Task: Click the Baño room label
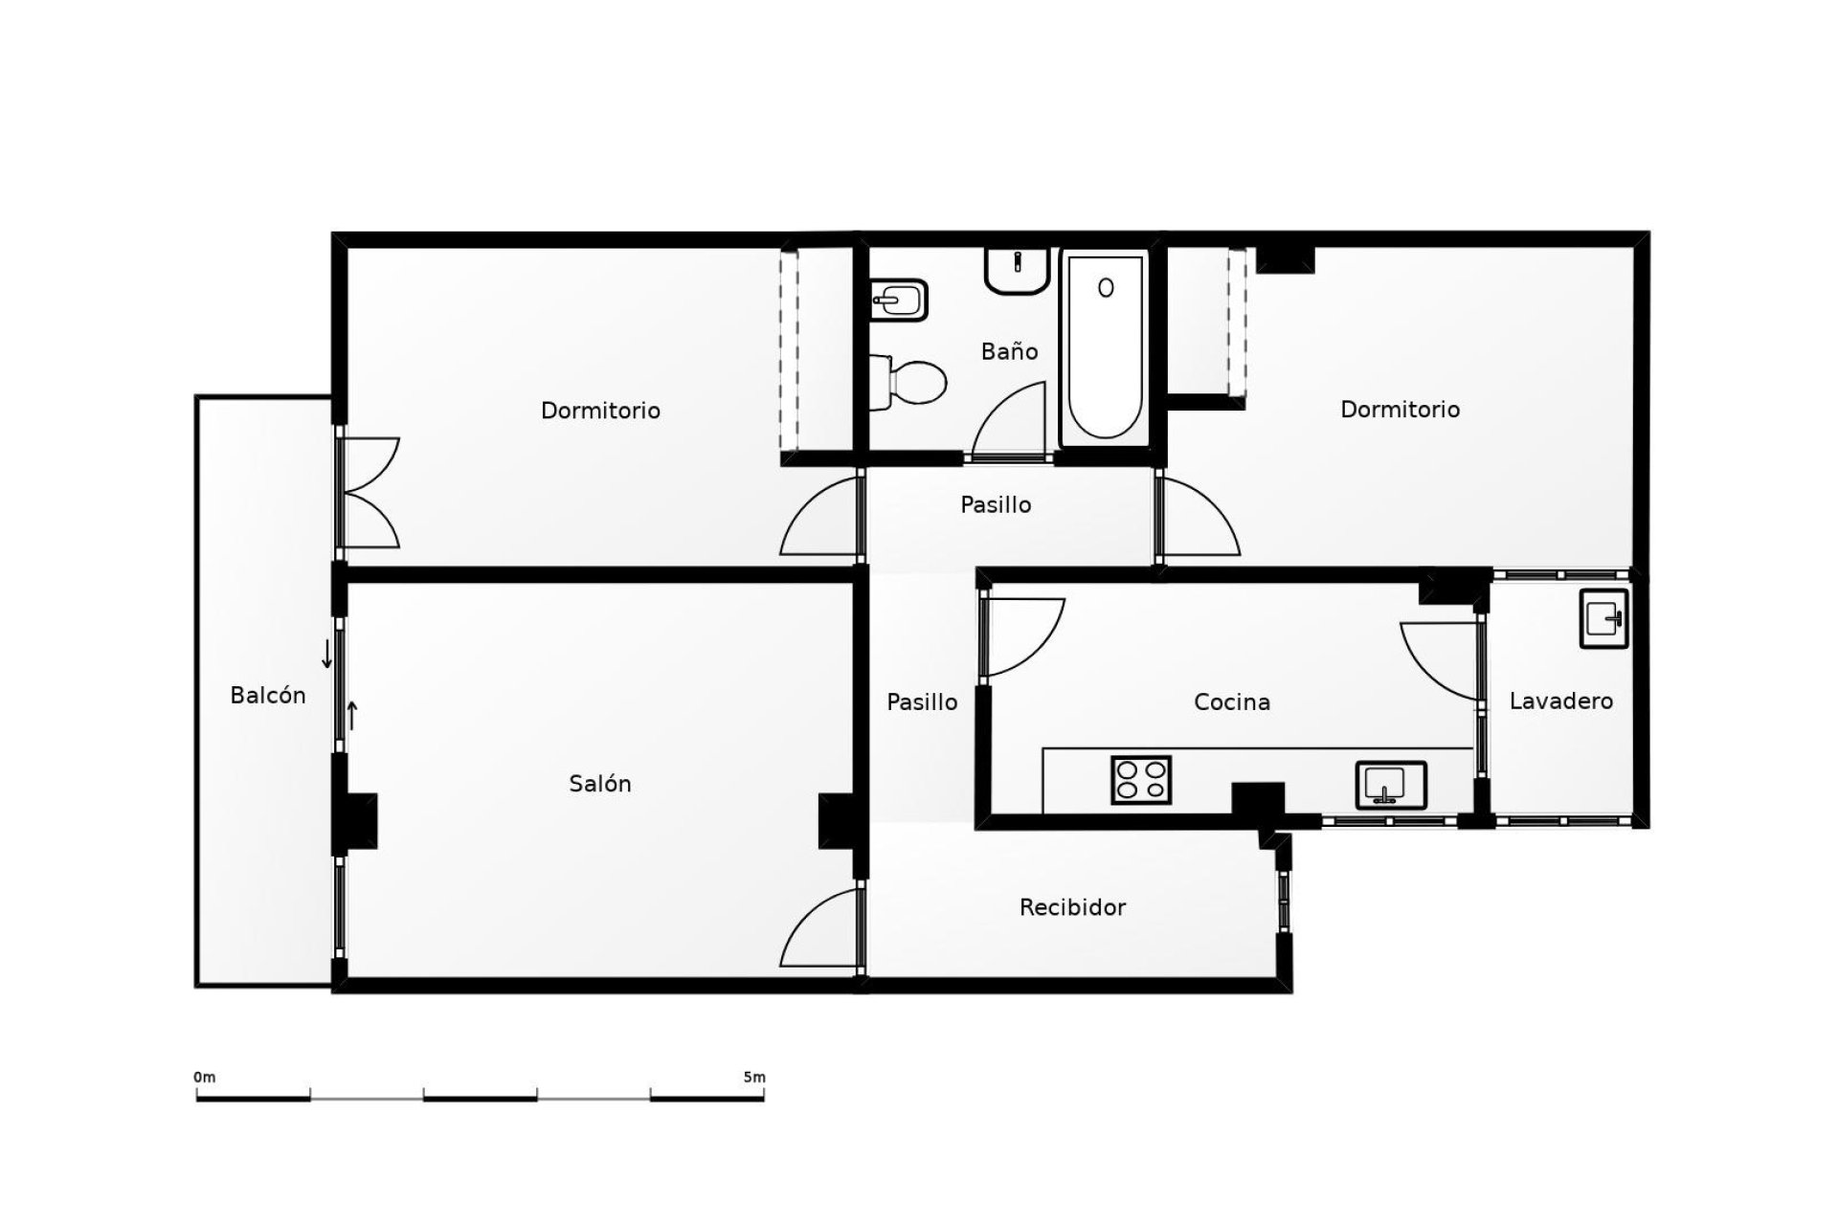[1009, 351]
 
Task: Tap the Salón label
[600, 783]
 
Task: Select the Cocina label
[1232, 702]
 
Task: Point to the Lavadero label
[1560, 701]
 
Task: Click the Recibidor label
[1072, 906]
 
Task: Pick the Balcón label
[268, 695]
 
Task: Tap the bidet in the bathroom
[899, 301]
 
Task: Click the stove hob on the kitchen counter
[1141, 779]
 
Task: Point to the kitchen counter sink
[1391, 784]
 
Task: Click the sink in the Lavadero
[1604, 619]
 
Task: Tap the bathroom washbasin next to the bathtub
[1018, 270]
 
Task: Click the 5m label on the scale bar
[754, 1077]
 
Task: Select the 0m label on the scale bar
[205, 1077]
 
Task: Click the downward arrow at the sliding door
[327, 655]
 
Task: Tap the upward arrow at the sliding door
[352, 715]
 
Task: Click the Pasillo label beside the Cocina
[922, 702]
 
